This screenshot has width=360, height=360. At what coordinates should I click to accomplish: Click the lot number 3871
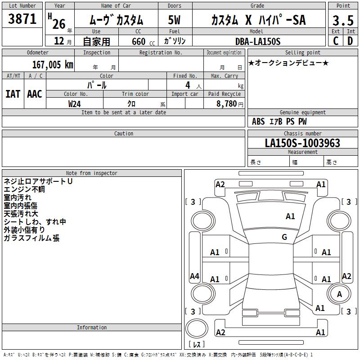click(x=22, y=19)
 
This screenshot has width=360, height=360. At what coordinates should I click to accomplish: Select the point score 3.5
click(x=343, y=21)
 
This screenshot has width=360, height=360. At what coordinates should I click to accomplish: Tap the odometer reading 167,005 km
click(x=53, y=65)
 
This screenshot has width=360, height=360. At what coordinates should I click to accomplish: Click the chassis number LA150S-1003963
click(x=302, y=143)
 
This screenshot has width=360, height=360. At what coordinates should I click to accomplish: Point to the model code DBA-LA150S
click(x=258, y=41)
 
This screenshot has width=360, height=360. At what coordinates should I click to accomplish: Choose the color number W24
click(x=75, y=104)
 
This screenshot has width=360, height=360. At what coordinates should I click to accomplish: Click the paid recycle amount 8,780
click(x=227, y=104)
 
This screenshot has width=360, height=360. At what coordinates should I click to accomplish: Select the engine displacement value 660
click(x=139, y=41)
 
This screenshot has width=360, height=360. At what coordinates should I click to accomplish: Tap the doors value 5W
click(x=174, y=20)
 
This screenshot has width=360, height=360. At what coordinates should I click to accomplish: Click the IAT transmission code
click(x=13, y=94)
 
